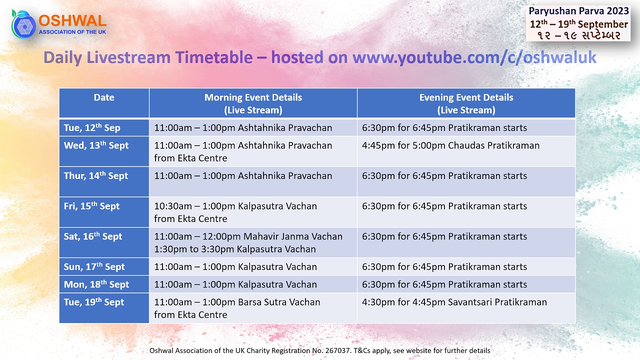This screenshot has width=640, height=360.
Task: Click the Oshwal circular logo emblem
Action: point(24,24)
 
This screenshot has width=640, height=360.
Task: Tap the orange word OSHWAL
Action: point(72,21)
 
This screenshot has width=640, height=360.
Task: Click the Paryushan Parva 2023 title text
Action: point(578,11)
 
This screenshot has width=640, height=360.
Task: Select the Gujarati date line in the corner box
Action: point(578,35)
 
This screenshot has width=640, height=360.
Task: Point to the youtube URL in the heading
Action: point(474,57)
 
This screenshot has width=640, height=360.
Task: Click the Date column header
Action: point(104,97)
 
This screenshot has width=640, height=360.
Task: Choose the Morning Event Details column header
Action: point(253,103)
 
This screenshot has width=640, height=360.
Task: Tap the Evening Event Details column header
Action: point(466,103)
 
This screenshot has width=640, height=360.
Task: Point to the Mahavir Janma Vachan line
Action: point(248,236)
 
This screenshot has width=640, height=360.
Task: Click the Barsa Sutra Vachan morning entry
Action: point(237,308)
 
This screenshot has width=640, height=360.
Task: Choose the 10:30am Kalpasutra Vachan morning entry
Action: point(235,212)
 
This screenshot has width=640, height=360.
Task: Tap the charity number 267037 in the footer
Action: point(338,350)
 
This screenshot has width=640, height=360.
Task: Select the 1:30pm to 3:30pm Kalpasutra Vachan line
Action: point(235,249)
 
